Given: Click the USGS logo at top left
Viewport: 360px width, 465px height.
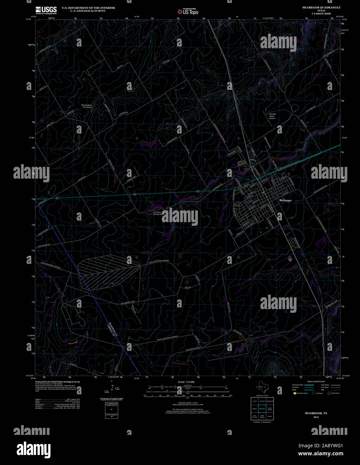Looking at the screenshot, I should [x=46, y=10].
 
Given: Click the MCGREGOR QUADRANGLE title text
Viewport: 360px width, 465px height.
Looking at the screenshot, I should [x=316, y=7].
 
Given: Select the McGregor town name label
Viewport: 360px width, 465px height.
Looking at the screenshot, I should [x=285, y=200].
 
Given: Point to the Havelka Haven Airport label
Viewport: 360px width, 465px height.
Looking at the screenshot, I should [x=272, y=116].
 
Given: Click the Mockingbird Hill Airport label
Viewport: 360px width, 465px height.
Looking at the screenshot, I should [x=87, y=106].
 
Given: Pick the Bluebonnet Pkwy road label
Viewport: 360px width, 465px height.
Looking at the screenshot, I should [x=120, y=303].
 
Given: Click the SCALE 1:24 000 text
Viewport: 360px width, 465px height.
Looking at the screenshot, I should [x=186, y=382].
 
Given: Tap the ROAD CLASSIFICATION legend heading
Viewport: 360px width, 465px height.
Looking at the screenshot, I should [x=316, y=381].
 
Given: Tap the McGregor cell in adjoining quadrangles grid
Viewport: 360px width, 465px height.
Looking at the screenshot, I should [x=262, y=409].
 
